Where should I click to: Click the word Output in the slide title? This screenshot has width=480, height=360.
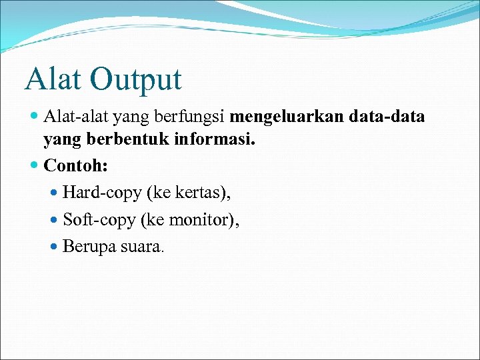[136, 80]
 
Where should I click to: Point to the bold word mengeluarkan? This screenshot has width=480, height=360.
[288, 118]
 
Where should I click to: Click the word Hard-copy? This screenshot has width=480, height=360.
[101, 193]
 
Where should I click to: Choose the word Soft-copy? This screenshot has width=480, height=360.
[98, 220]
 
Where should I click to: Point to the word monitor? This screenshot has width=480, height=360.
[200, 220]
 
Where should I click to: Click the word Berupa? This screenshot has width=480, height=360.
[89, 247]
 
